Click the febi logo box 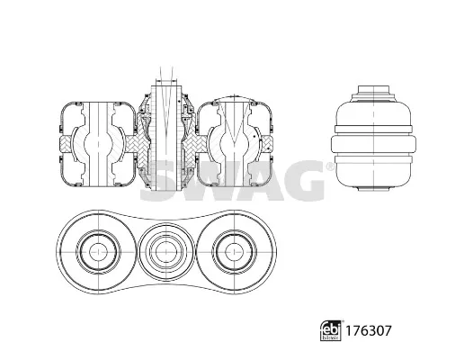331,330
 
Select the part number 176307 368,330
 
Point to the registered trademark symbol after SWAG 330,166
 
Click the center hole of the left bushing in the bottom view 98,252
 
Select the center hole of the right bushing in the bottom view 234,252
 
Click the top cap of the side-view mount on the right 373,90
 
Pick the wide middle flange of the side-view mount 373,145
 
